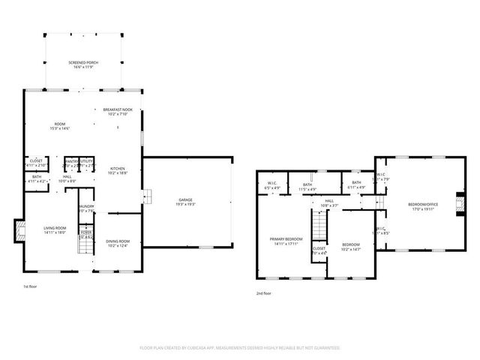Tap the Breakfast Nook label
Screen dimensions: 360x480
(x=117, y=111)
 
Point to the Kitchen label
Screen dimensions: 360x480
(x=118, y=169)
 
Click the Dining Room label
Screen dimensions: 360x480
(x=118, y=242)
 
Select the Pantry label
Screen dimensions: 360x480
(x=72, y=162)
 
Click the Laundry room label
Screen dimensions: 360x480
(x=86, y=208)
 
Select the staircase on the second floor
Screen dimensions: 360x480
(x=321, y=223)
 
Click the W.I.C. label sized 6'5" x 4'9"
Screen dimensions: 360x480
(x=273, y=186)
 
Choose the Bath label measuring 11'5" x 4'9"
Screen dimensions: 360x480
(x=307, y=187)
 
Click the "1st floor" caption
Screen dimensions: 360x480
(x=31, y=286)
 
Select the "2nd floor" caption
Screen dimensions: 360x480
(x=263, y=294)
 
